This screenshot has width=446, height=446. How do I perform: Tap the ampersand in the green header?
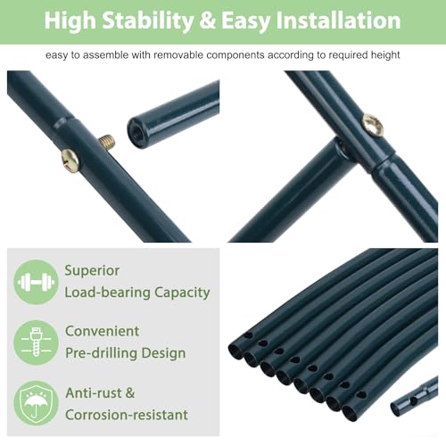(x=208, y=21)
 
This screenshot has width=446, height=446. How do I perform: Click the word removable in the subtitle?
(x=178, y=55)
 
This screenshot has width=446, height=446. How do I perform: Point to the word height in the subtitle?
(x=385, y=55)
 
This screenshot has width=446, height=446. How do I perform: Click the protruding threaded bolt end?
(x=107, y=141)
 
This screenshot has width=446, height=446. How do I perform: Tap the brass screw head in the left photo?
(x=70, y=161)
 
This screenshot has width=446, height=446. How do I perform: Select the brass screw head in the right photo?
(x=373, y=125)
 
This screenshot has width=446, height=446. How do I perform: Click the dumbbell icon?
(x=36, y=282)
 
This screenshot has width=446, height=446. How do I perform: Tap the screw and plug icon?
(x=36, y=343)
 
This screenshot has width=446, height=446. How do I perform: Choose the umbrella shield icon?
(x=36, y=403)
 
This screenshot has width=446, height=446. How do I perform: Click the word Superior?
(x=92, y=271)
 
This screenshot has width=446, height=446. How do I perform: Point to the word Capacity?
(x=182, y=293)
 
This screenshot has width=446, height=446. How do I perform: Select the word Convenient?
(x=102, y=331)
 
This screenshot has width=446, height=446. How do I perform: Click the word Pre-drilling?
(x=102, y=353)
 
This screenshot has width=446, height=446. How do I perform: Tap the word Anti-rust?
(x=94, y=393)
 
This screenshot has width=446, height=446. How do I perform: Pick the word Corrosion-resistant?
(x=127, y=415)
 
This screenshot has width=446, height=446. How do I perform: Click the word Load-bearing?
(x=107, y=293)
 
